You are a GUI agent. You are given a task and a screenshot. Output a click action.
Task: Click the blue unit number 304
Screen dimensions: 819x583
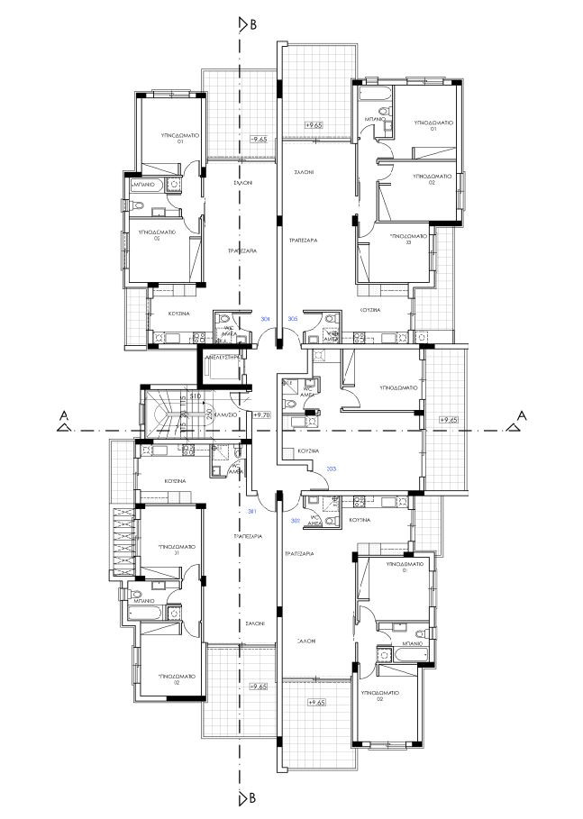point(265,320)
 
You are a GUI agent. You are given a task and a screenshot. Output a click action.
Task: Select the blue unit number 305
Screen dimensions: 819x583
point(292,320)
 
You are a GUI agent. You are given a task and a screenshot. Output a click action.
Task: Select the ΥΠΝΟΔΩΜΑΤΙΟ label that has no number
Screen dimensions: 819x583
point(392,388)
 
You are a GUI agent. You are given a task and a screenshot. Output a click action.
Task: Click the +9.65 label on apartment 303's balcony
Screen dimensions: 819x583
point(448,420)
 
